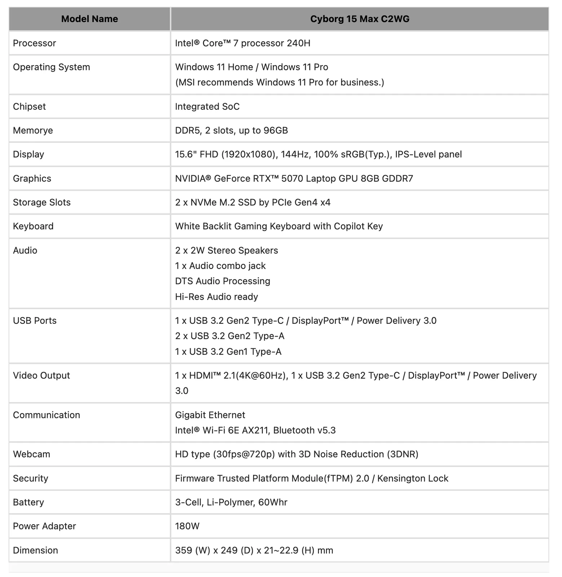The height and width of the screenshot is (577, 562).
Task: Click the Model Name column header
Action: [89, 19]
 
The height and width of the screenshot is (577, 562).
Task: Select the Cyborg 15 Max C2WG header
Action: [359, 19]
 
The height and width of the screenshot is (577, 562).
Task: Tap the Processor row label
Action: [35, 43]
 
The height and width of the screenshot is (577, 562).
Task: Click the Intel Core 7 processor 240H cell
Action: [243, 43]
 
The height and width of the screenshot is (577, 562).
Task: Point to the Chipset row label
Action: [30, 106]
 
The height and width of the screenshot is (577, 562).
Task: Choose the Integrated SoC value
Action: [207, 106]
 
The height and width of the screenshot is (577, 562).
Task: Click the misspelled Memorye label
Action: [33, 130]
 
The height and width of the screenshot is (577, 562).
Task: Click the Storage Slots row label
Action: [42, 202]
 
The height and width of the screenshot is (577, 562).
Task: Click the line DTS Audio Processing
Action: [222, 281]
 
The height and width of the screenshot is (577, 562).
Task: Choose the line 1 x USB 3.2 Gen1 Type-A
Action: [228, 351]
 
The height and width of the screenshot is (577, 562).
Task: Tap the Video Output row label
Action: [41, 375]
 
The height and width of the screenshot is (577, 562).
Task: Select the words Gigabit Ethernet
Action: [210, 415]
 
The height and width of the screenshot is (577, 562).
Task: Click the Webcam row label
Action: [32, 454]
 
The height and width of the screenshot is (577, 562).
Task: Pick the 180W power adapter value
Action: [187, 526]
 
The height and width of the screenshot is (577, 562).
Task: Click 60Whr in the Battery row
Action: [273, 502]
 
